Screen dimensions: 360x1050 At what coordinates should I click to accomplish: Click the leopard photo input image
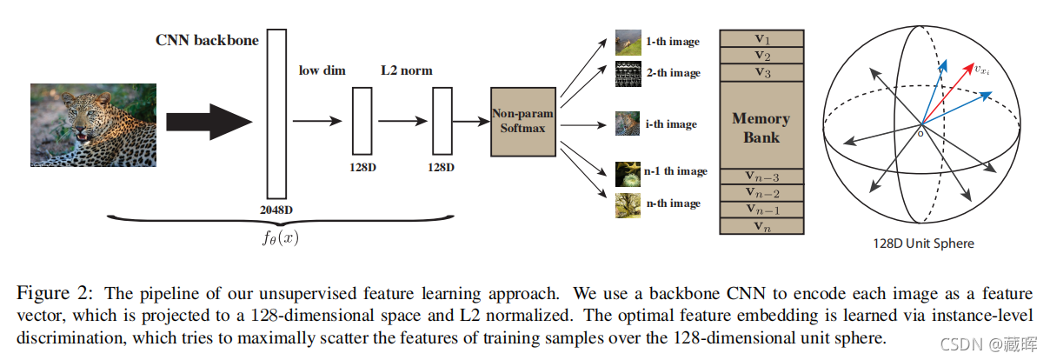(x=94, y=125)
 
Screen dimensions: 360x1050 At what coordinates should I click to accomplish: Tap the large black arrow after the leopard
(x=208, y=120)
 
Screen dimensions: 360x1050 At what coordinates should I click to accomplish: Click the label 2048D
(x=276, y=210)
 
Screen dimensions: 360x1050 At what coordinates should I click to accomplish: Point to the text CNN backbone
(x=207, y=40)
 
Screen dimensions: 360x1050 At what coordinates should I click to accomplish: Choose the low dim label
(x=322, y=70)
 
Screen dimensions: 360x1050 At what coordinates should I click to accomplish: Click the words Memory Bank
(x=761, y=127)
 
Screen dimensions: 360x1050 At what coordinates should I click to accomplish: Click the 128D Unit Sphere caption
(x=923, y=243)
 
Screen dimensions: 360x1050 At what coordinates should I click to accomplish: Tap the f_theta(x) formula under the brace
(x=280, y=237)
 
